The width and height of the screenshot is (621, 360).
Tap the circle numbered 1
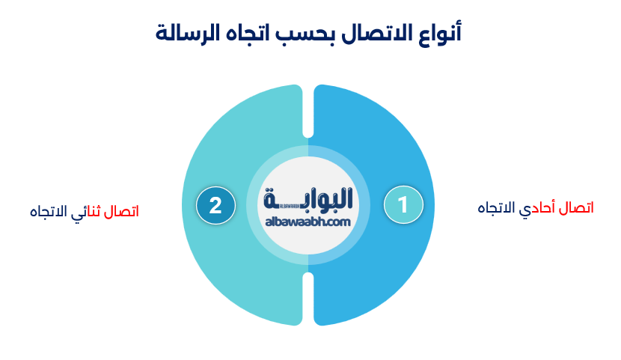click(x=403, y=204)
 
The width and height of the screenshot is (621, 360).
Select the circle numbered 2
click(x=215, y=205)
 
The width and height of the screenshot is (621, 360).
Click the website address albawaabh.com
click(x=308, y=222)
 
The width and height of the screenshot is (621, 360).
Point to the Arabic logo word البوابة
click(x=308, y=198)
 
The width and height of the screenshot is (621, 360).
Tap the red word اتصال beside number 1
click(x=576, y=208)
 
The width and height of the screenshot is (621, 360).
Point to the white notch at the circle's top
click(x=308, y=112)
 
